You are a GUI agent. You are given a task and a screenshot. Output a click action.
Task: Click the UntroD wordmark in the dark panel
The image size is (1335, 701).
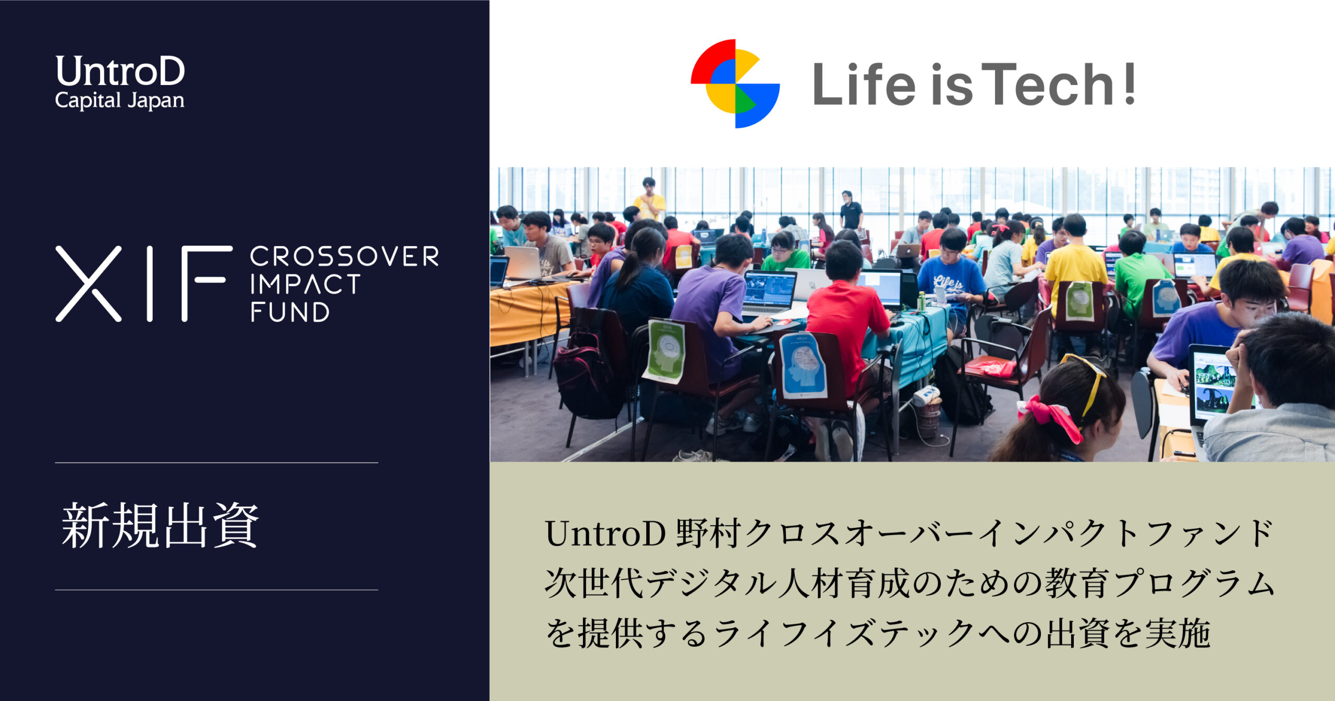[x=120, y=71]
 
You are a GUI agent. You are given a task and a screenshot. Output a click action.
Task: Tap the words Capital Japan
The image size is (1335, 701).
[x=119, y=101]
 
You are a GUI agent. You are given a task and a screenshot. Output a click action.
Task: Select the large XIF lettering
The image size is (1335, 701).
[x=144, y=284]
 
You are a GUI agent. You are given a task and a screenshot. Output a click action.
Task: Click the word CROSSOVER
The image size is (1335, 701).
[x=344, y=257]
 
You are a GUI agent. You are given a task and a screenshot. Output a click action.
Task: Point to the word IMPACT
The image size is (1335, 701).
[x=305, y=284]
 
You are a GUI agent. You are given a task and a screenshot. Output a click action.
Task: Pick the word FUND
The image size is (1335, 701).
[x=290, y=312]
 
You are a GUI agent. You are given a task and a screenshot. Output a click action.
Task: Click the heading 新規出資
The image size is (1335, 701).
[x=161, y=526]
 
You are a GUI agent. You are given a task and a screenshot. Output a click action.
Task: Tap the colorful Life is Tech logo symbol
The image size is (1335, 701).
[x=735, y=83]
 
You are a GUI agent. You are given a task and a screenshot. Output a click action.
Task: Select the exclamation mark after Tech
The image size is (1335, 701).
[x=1130, y=83]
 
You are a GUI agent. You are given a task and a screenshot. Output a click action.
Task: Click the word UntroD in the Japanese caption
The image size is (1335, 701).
[x=605, y=534]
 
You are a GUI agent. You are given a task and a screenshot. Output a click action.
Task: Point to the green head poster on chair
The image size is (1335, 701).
[x=663, y=350]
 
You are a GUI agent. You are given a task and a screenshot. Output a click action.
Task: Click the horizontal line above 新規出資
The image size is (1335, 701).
[x=216, y=463]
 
